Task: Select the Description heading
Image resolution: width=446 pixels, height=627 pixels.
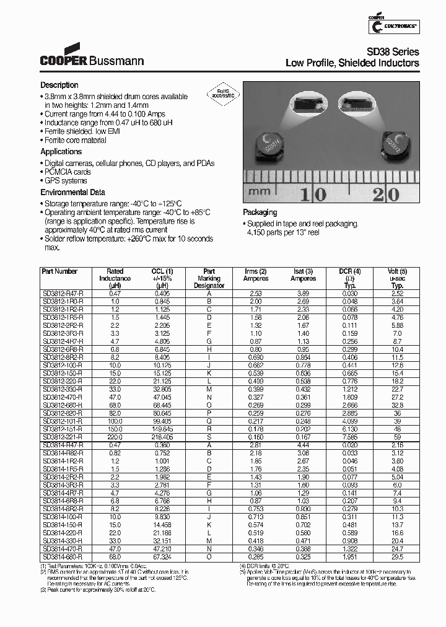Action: pos(59,85)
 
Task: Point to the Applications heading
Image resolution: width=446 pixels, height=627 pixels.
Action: pos(61,152)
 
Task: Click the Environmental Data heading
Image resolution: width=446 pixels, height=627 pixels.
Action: pos(72,192)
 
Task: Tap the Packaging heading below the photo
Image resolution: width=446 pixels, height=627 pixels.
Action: pos(260,212)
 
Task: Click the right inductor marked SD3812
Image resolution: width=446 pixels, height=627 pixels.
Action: pos(395,142)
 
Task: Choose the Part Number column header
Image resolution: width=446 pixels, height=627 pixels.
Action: pos(59,271)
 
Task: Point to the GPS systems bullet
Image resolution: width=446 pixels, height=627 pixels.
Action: pos(66,182)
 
